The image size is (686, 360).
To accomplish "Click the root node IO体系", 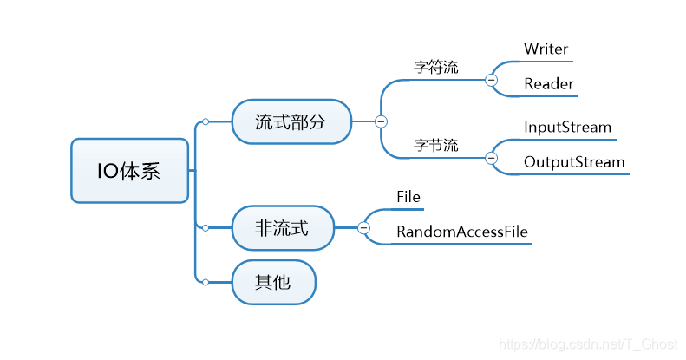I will [129, 171].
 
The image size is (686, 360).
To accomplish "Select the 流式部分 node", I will [291, 121].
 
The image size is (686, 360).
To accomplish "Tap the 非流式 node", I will [282, 228].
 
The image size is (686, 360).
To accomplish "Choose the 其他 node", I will [273, 282].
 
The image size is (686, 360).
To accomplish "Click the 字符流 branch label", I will [435, 67].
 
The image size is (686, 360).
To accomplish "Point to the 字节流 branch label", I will [435, 145].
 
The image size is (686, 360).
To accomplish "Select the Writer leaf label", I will [546, 49].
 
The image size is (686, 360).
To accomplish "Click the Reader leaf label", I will [548, 84].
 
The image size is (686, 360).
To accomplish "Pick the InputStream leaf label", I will [567, 128].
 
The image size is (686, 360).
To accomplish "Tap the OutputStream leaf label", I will [573, 162].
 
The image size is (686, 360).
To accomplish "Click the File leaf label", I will [408, 197].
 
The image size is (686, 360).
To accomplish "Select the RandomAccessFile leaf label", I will [461, 232].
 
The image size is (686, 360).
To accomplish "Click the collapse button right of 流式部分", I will [381, 121].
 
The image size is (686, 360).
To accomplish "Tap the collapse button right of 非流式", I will [363, 228].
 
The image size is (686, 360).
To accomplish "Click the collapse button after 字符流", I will [491, 80].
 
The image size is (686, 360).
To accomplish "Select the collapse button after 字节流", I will [491, 158].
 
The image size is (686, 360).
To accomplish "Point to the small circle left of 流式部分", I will [205, 121].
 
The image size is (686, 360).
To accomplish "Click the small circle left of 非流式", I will [205, 228].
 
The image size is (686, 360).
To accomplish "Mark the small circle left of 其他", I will [205, 282].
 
